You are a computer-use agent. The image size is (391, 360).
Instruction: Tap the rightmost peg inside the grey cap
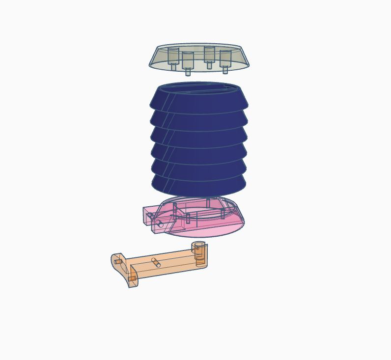(225, 60)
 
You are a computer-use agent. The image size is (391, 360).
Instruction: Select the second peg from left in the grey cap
(188, 62)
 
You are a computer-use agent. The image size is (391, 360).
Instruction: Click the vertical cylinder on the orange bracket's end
(199, 253)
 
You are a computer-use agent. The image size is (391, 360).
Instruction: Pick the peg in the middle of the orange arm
(156, 263)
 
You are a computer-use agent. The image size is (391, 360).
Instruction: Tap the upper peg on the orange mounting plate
(118, 261)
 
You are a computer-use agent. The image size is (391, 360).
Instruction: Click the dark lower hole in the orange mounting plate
(133, 278)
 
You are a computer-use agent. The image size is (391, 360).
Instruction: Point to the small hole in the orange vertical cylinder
(197, 248)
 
